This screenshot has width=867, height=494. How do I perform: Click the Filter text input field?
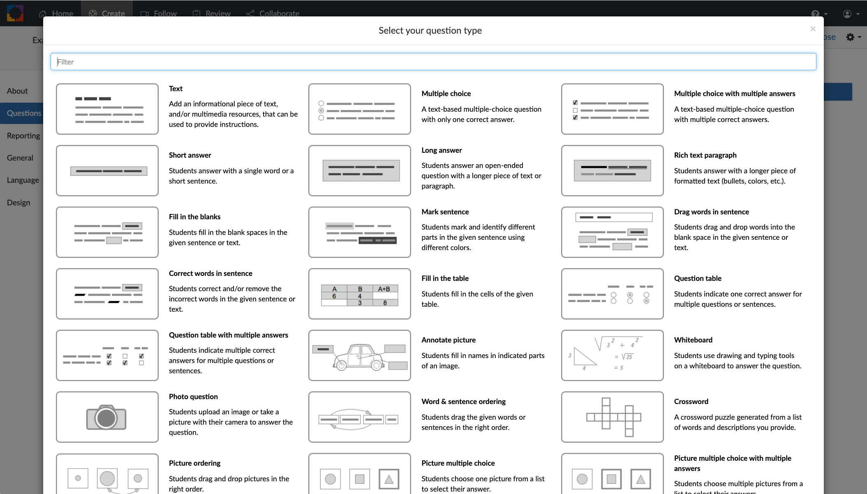[433, 62]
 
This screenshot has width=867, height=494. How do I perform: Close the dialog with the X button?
[812, 29]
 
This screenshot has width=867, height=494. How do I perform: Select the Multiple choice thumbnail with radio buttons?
[359, 109]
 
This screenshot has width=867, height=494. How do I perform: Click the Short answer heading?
[190, 155]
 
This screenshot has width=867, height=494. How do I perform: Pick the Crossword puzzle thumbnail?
[612, 417]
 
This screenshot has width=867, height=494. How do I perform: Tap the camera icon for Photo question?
[106, 417]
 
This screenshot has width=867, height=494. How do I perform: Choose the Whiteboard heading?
[693, 340]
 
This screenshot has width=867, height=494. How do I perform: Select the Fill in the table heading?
[444, 278]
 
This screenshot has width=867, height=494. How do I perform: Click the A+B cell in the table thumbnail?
[384, 289]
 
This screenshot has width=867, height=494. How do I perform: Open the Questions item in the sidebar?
[24, 113]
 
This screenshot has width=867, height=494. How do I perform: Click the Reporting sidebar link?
[23, 136]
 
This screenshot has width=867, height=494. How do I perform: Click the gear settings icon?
[850, 37]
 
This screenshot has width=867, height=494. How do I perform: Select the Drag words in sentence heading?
[711, 212]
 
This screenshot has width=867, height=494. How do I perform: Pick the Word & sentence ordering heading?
[463, 402]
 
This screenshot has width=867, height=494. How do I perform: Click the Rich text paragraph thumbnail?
[612, 170]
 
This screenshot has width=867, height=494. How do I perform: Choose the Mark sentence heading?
[445, 212]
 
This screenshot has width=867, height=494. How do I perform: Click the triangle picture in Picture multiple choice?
[388, 479]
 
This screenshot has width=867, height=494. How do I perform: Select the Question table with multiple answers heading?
[228, 335]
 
